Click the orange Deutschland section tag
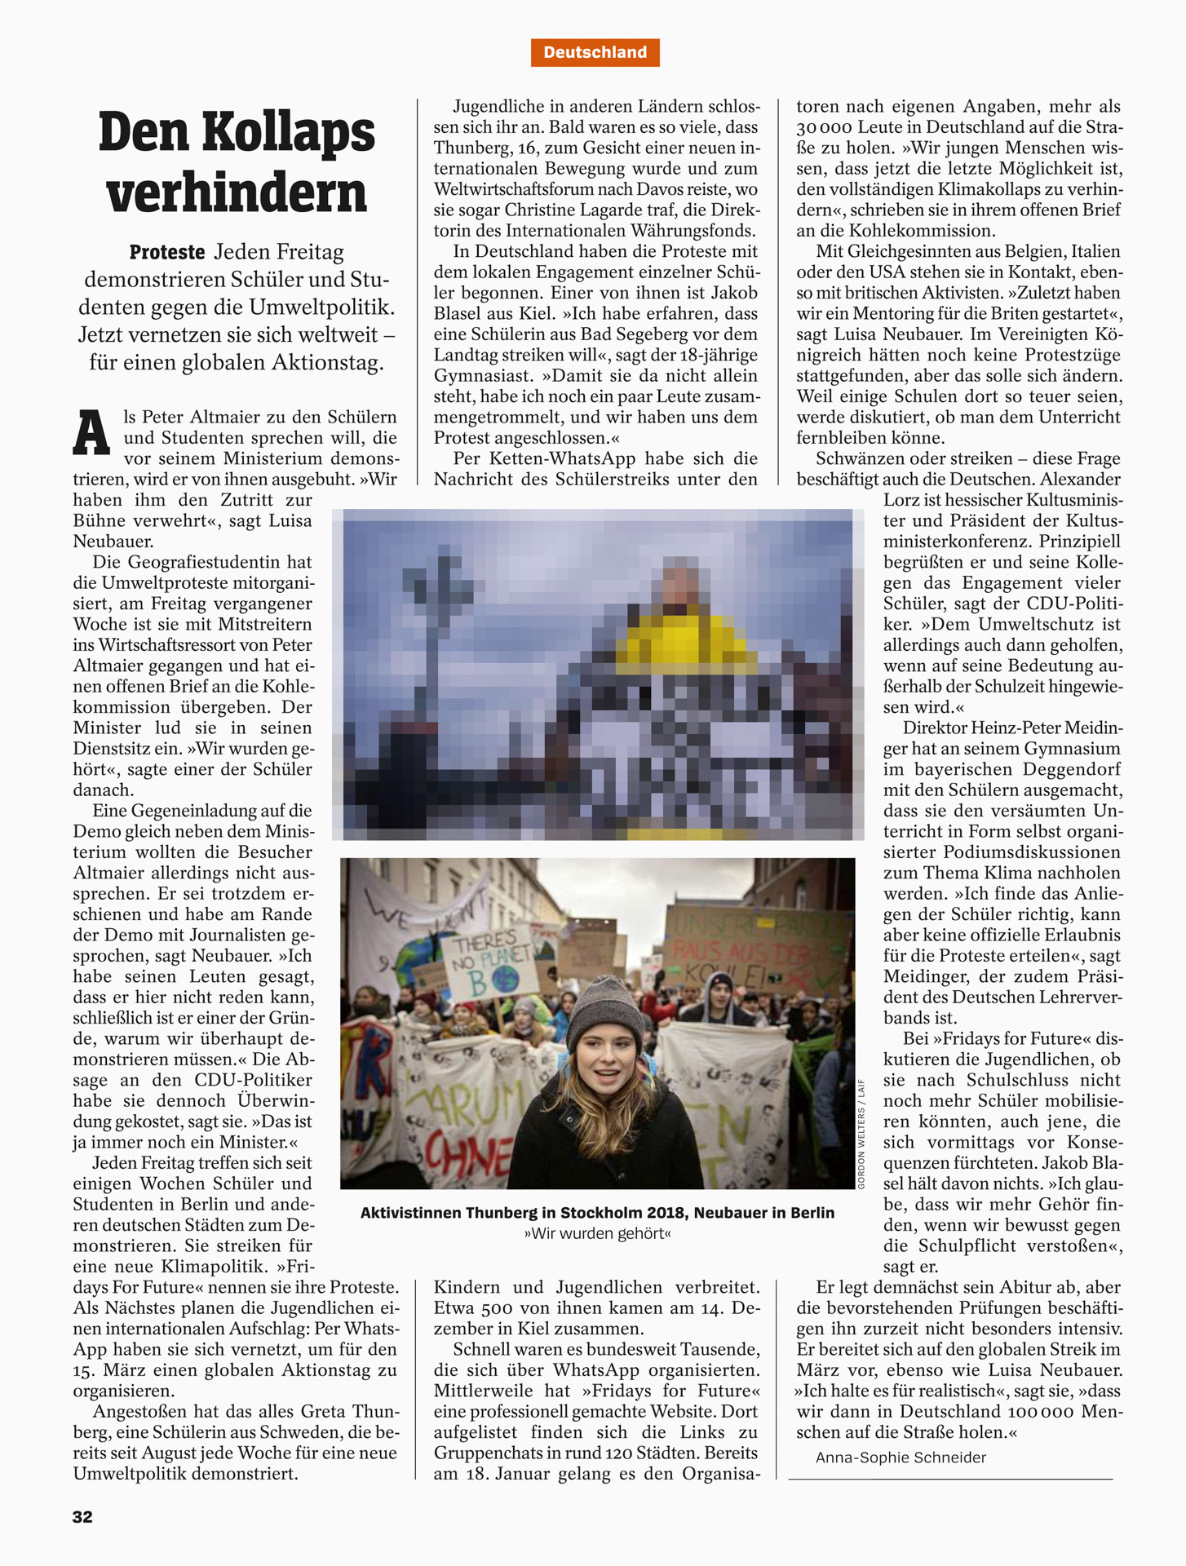[x=595, y=52]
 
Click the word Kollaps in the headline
[x=288, y=132]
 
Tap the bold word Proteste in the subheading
[x=167, y=252]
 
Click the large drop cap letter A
[x=91, y=433]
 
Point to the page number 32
[x=82, y=1516]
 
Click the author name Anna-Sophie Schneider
[x=901, y=1457]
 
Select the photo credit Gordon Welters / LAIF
[x=861, y=1134]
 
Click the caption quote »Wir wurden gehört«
[x=597, y=1233]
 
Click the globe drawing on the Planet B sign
[x=505, y=979]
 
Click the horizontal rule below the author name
[x=950, y=1478]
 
